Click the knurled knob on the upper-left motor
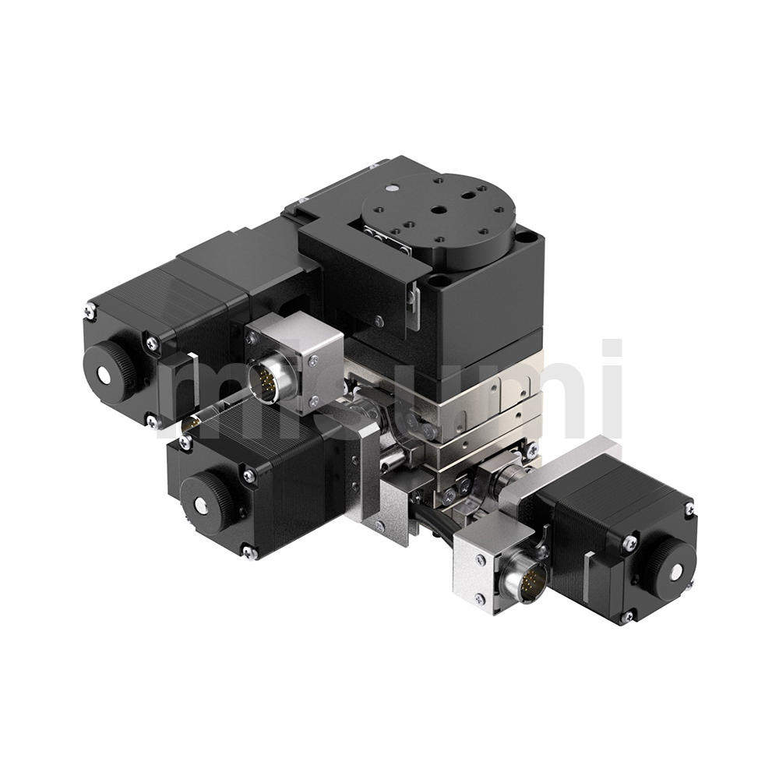click(111, 372)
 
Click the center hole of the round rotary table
click(437, 211)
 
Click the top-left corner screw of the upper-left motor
click(90, 310)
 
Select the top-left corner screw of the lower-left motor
click(186, 439)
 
